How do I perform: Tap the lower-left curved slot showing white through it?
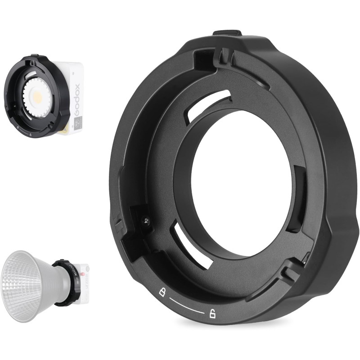pyautogui.click(x=189, y=247)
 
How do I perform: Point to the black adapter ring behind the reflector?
pyautogui.click(x=67, y=283)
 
